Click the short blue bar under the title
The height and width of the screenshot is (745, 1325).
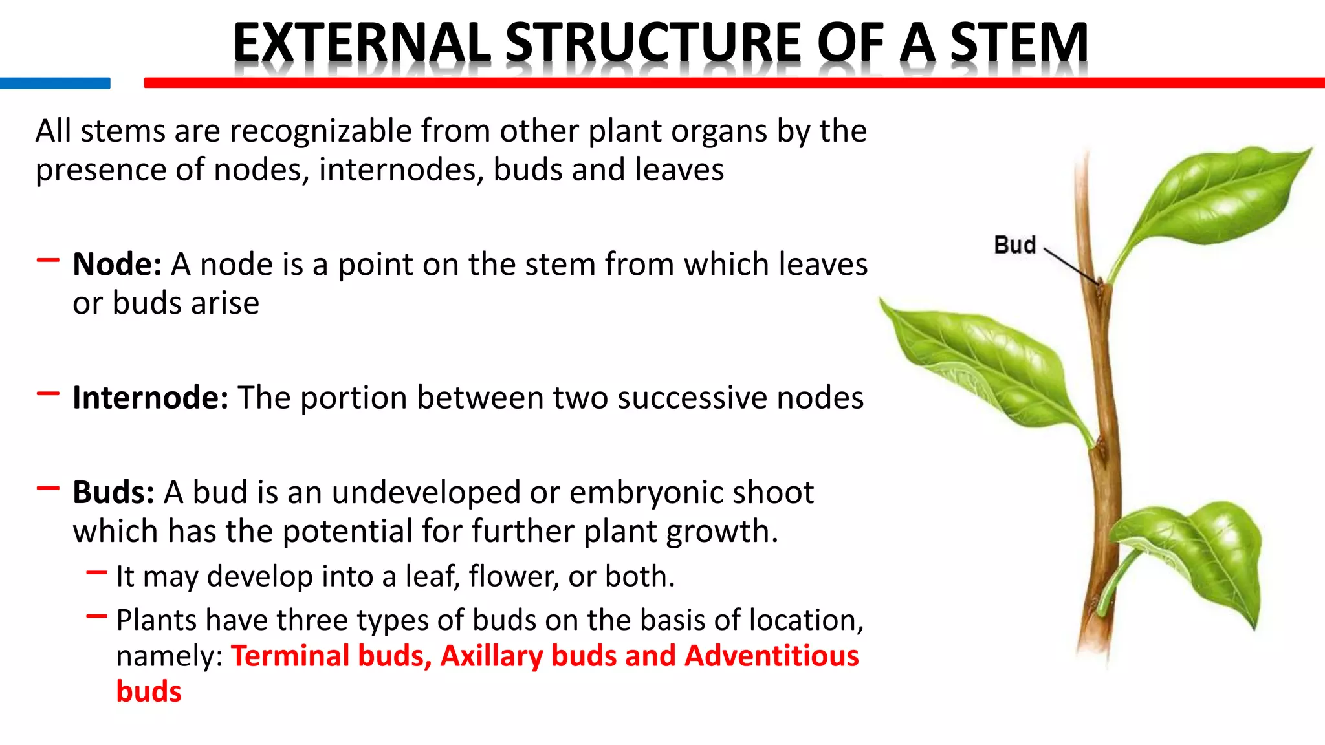55,83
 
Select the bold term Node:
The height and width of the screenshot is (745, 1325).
117,265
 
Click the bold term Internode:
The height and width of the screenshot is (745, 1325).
150,398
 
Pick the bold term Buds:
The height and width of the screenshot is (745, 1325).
113,493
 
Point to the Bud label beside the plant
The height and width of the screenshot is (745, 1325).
1014,245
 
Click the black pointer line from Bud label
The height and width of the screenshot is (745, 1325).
1071,266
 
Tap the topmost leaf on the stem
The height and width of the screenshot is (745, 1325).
1216,197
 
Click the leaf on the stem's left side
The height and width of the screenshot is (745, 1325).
983,362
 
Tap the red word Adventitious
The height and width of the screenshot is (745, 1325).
771,656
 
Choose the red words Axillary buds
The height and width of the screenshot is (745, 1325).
524,656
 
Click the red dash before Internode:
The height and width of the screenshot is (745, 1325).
48,393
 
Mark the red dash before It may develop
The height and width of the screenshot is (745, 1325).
96,572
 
